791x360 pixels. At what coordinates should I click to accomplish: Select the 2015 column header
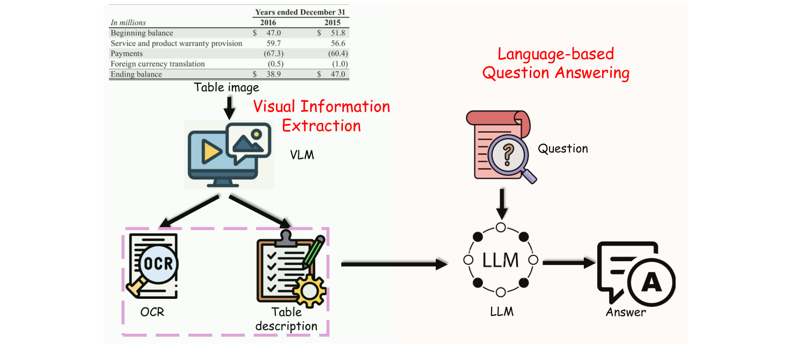click(335, 23)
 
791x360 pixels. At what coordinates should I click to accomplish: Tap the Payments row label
click(127, 54)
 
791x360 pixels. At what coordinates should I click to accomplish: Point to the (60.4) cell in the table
click(338, 54)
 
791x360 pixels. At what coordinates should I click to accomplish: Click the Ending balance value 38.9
click(273, 74)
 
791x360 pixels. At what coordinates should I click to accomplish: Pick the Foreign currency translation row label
click(158, 64)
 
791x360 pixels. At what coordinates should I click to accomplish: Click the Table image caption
click(226, 87)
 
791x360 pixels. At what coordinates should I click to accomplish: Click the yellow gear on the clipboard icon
click(307, 290)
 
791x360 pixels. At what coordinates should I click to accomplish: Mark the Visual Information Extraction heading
click(321, 116)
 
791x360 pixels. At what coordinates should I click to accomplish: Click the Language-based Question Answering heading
click(555, 63)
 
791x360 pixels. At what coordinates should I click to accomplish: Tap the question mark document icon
click(501, 145)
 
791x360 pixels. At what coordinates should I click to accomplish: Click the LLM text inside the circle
click(501, 260)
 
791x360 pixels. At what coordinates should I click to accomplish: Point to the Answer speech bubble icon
click(636, 273)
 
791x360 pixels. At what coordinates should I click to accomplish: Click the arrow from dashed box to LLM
click(394, 264)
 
